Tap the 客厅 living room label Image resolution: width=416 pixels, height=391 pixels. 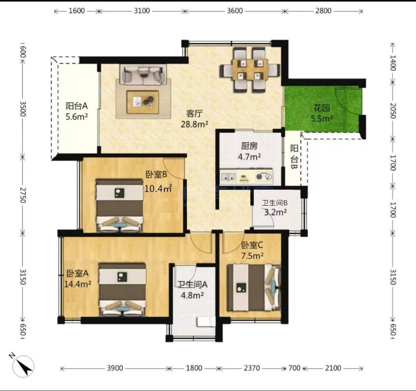click(x=194, y=114)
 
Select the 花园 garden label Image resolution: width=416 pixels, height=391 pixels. click(x=322, y=108)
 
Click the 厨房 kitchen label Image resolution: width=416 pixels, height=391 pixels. click(x=249, y=146)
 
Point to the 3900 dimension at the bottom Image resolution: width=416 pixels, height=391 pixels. click(x=115, y=368)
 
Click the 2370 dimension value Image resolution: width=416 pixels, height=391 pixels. click(x=252, y=368)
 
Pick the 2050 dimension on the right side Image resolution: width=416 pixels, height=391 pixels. click(x=393, y=111)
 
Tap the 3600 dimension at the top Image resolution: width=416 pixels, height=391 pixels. click(x=235, y=11)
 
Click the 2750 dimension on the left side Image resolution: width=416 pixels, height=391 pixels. click(x=23, y=195)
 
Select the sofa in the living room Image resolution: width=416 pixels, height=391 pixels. click(x=143, y=74)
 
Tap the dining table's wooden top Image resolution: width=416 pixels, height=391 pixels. click(x=250, y=69)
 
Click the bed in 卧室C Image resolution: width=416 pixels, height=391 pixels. click(x=254, y=287)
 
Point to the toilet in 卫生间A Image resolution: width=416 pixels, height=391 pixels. click(x=206, y=322)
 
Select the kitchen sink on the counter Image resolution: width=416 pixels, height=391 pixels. click(x=228, y=177)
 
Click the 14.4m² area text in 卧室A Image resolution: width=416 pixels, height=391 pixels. click(x=78, y=284)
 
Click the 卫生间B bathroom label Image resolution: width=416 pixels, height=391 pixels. click(x=275, y=203)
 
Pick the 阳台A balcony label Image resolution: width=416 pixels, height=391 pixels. click(x=76, y=106)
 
